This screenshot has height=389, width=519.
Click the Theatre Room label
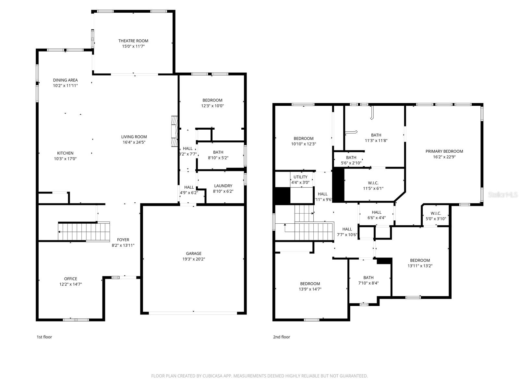pyautogui.click(x=133, y=41)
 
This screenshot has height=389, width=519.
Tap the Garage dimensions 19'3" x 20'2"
pyautogui.click(x=194, y=259)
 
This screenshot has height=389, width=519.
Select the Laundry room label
pyautogui.click(x=223, y=186)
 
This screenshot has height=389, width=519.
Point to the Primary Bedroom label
pyautogui.click(x=444, y=151)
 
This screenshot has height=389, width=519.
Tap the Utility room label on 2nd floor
pyautogui.click(x=300, y=177)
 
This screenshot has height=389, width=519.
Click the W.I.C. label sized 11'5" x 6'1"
pyautogui.click(x=373, y=183)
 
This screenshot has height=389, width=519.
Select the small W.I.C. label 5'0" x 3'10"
pyautogui.click(x=436, y=213)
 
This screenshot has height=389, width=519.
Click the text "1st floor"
pyautogui.click(x=44, y=337)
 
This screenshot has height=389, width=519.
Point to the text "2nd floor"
pyautogui.click(x=281, y=337)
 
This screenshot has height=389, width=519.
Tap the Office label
pyautogui.click(x=70, y=279)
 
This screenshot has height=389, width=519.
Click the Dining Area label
pyautogui.click(x=66, y=80)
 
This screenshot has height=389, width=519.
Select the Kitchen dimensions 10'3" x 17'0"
pyautogui.click(x=65, y=159)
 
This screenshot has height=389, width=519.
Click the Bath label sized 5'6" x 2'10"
pyautogui.click(x=351, y=158)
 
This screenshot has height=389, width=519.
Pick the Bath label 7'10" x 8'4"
pyautogui.click(x=368, y=277)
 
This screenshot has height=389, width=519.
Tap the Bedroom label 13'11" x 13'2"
pyautogui.click(x=420, y=260)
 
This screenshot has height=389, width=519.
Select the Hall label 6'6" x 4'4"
pyautogui.click(x=376, y=212)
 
